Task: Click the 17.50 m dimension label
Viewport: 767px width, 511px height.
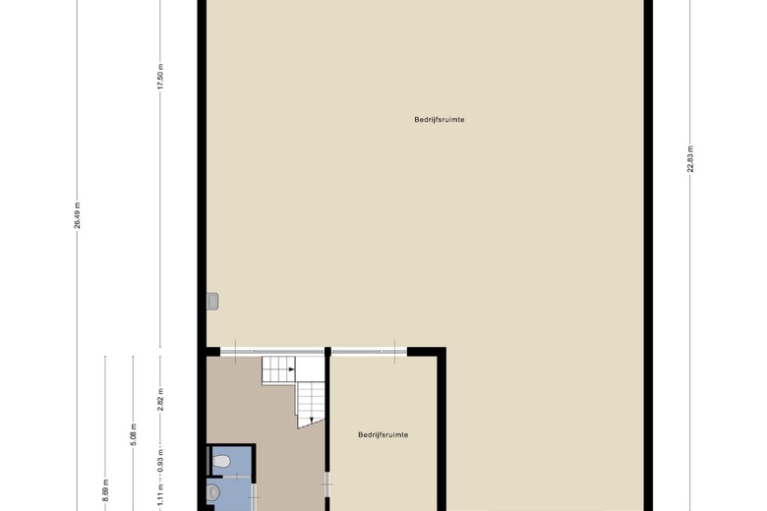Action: point(160,77)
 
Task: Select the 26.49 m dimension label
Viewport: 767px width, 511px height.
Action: point(78,215)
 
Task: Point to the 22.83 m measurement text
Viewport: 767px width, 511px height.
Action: point(690,159)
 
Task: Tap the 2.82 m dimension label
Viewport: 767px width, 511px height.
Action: point(160,400)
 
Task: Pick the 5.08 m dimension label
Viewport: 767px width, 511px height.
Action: point(134,434)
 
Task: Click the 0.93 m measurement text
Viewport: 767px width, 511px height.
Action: point(160,461)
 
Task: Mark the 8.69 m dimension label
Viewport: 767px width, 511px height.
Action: point(105,490)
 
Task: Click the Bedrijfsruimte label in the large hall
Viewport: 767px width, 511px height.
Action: point(440,119)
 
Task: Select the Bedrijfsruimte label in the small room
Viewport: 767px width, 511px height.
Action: point(383,434)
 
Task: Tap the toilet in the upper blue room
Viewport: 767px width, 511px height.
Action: point(221,461)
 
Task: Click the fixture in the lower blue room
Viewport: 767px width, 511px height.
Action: point(212,492)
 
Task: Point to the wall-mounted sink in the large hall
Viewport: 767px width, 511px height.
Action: point(212,302)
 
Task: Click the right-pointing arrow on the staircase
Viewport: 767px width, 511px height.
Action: point(291,369)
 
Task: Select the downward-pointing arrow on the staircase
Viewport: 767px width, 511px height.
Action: point(312,419)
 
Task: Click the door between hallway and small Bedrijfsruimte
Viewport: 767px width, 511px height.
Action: point(327,484)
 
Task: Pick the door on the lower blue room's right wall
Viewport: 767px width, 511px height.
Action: point(253,497)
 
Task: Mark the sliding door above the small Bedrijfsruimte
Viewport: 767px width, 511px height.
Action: point(369,351)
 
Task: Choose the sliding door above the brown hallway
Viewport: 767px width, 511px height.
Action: point(272,351)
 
